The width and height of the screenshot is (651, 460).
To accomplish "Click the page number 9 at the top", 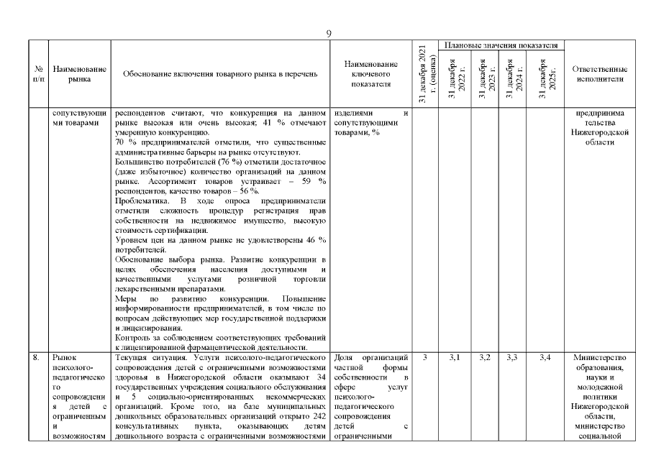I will [x=328, y=34].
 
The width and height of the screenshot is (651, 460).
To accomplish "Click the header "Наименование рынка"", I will [x=80, y=74].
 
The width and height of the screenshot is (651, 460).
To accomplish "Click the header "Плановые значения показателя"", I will [x=501, y=45].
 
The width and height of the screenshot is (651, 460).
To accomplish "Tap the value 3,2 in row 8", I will [x=486, y=357].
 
